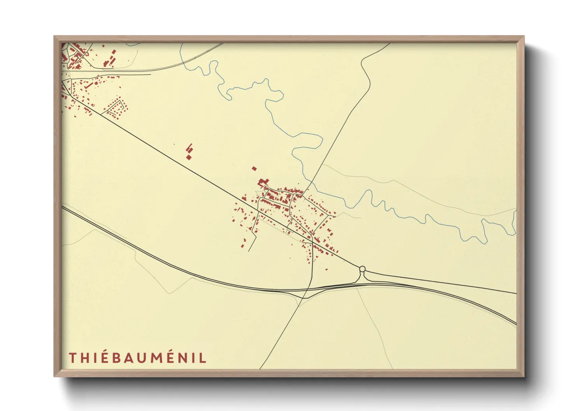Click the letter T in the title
72,358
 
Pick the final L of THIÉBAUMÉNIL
203,358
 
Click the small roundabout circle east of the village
362,268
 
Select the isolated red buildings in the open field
189,152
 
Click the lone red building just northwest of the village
254,169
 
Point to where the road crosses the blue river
310,182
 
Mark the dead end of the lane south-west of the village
248,251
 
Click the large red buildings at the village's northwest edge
263,182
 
